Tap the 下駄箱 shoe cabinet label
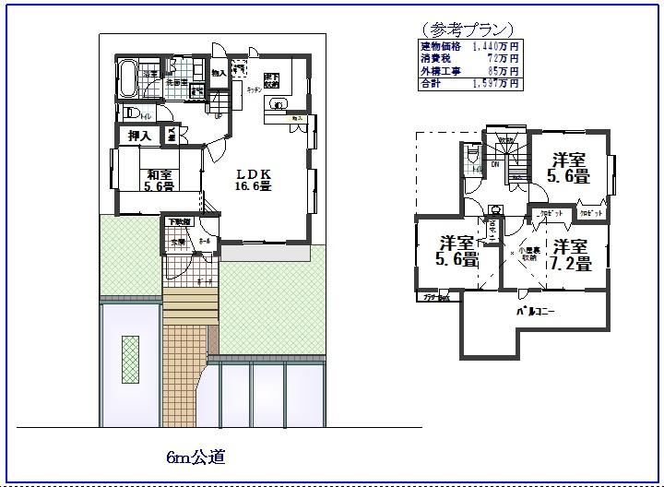pos(179,221)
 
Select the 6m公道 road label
pos(196,456)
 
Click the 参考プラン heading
pos(467,30)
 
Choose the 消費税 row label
pos(434,57)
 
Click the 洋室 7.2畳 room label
pos(572,254)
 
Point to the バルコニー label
pos(535,312)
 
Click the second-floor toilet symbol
pos(474,166)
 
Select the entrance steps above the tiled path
pos(190,304)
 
